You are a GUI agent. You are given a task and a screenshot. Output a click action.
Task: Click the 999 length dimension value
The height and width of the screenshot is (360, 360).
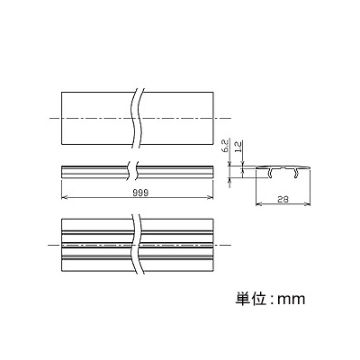pos(140,193)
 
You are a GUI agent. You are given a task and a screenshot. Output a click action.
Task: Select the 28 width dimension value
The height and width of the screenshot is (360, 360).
pos(283,200)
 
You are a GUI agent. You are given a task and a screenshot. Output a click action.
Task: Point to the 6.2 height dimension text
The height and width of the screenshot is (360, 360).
pos(226,146)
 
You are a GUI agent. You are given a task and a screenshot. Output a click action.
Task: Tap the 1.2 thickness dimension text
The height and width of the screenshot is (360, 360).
pos(238,147)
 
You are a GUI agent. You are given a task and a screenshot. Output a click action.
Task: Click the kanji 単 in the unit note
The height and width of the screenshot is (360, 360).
pos(243,299)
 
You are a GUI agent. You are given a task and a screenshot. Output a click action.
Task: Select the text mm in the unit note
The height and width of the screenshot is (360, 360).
pos(291,300)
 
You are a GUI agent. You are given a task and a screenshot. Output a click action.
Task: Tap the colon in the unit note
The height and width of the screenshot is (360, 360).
pos(272,300)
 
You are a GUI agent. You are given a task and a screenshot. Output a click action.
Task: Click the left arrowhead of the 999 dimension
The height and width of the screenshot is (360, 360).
pos(63,197)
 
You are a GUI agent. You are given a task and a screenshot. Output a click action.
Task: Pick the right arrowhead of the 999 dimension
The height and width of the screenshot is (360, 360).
pos(211,197)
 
